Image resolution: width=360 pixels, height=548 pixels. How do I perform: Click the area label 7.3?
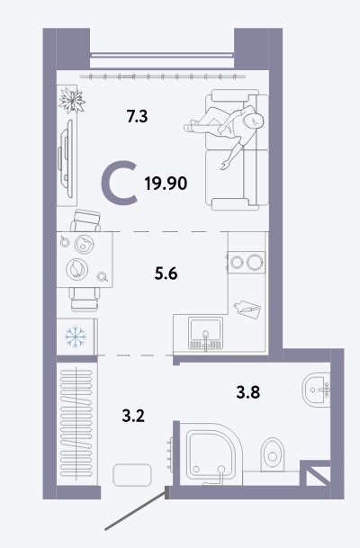[x=138, y=116]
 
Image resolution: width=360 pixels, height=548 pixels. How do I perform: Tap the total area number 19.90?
[x=166, y=184]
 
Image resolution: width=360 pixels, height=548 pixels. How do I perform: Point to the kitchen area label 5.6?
[x=166, y=274]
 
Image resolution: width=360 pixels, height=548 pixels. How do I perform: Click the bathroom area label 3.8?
[x=248, y=392]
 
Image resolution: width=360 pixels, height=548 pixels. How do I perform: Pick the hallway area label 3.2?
[x=133, y=416]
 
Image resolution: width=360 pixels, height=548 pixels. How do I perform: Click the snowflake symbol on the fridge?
[x=75, y=337]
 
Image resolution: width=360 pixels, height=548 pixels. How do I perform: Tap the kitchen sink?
[x=205, y=334]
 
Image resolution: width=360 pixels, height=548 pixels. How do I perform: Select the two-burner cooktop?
[x=246, y=262]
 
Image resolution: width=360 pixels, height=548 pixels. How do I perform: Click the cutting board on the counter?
[x=247, y=309]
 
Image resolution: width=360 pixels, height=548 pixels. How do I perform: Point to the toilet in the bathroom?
[x=273, y=454]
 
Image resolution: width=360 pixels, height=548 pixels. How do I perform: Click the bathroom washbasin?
[x=316, y=390]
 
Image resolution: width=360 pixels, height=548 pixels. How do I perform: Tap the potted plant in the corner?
[x=72, y=100]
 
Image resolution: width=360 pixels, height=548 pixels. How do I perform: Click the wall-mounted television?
[x=66, y=159]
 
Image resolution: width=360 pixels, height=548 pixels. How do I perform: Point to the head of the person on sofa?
[x=254, y=121]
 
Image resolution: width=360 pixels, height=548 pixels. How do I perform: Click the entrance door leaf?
[x=136, y=509]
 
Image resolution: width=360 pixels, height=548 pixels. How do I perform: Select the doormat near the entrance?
[x=132, y=474]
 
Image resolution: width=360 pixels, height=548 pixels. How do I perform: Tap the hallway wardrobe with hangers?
[x=76, y=424]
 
